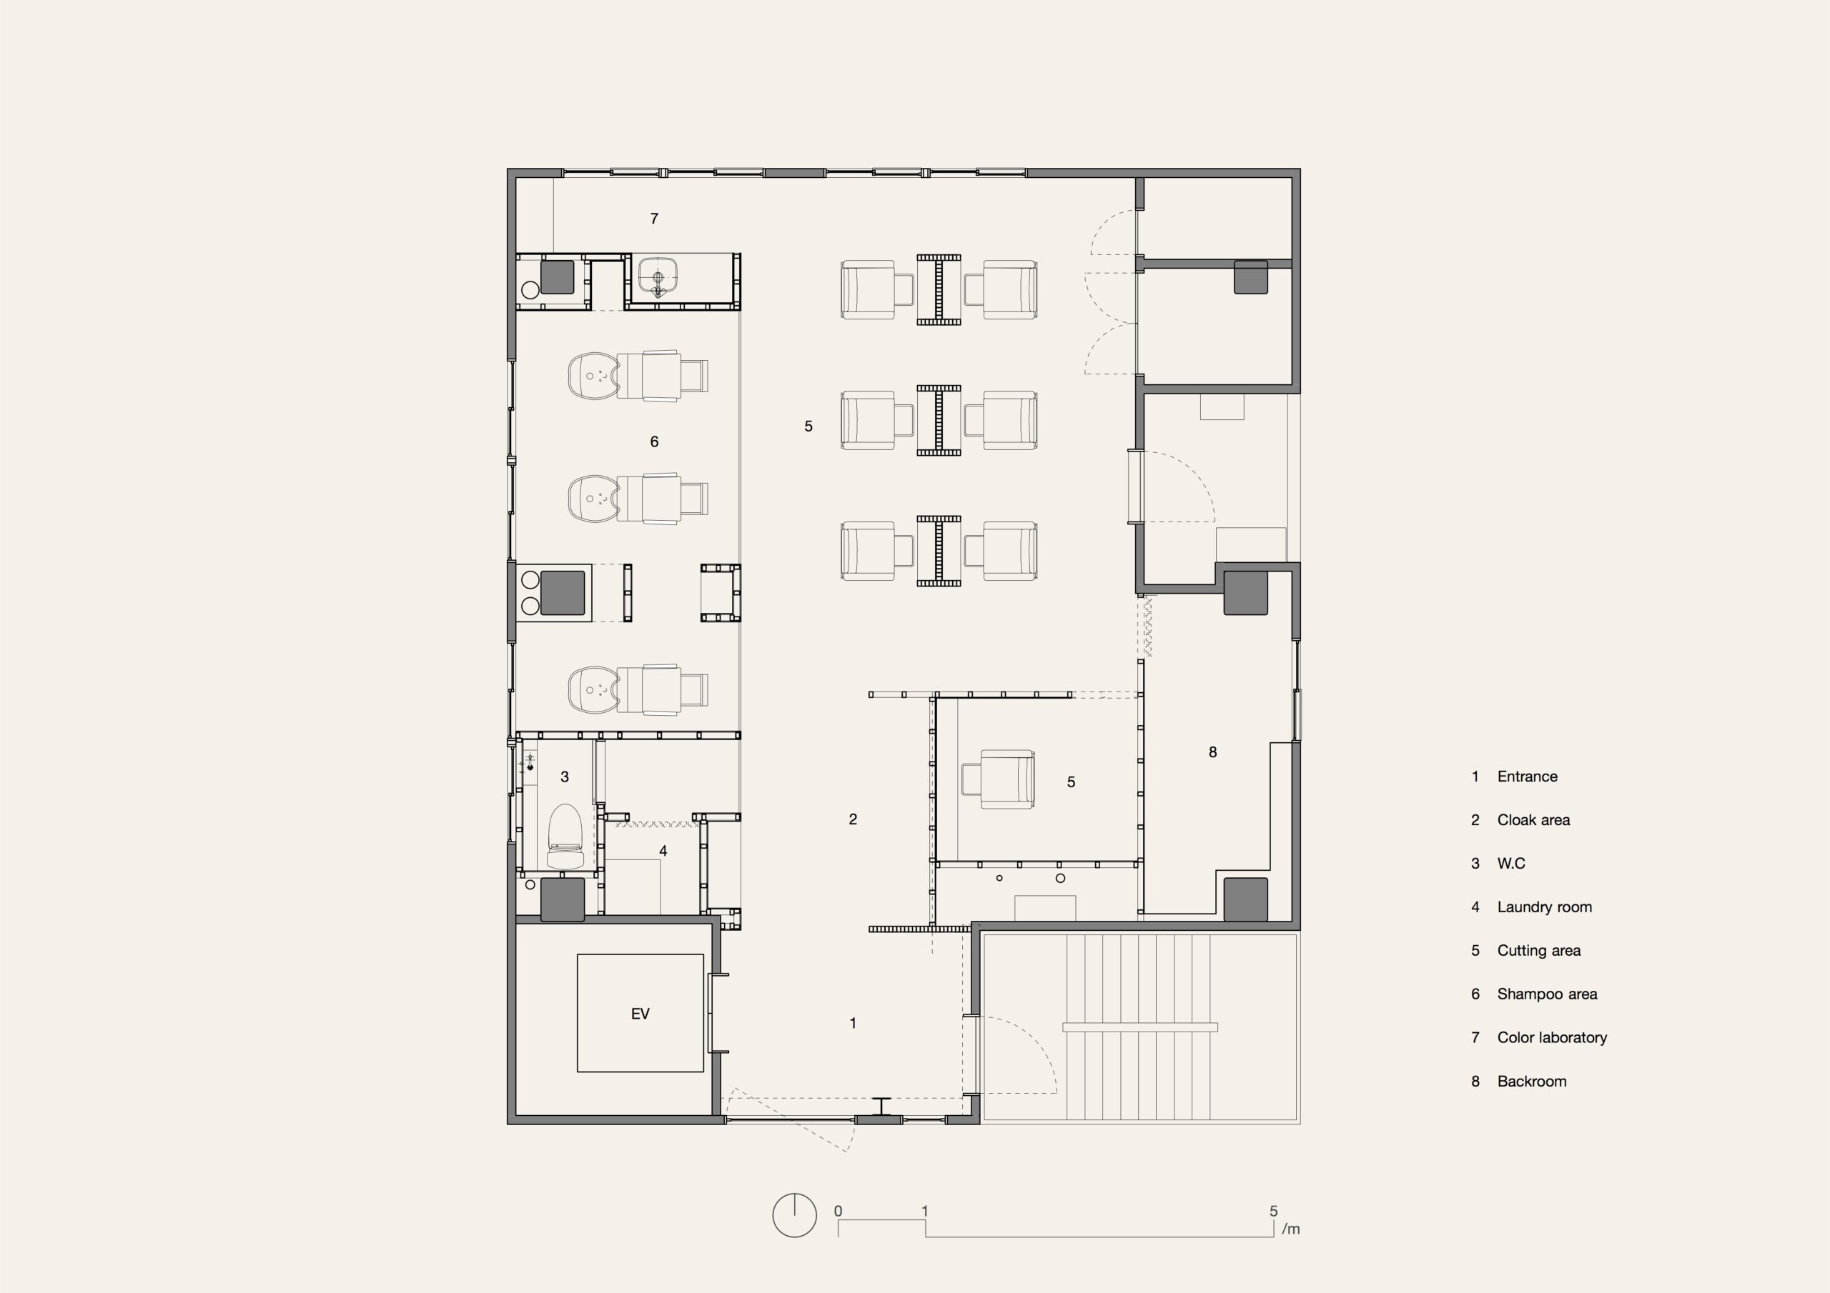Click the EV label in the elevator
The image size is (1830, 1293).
tap(640, 1014)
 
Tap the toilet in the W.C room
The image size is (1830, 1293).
tap(565, 836)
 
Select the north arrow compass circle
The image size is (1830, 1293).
tap(795, 1215)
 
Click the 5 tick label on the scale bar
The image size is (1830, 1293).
tap(1274, 1211)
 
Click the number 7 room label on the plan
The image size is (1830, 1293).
tap(654, 219)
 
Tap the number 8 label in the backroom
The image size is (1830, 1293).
tap(1213, 752)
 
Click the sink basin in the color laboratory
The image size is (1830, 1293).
tap(658, 276)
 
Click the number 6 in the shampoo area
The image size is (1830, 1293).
tap(654, 441)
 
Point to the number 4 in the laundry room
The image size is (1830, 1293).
tap(663, 851)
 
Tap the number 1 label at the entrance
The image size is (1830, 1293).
tap(853, 1023)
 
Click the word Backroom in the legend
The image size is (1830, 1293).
tap(1532, 1081)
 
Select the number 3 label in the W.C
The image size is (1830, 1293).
tap(565, 777)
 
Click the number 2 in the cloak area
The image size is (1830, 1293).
tap(853, 819)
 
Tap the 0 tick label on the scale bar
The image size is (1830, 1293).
tap(838, 1211)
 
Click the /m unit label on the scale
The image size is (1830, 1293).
tap(1291, 1229)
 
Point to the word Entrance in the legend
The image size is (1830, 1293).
tap(1527, 776)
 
